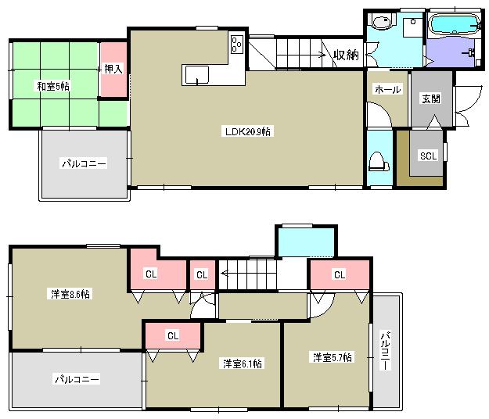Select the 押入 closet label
pyautogui.click(x=113, y=70)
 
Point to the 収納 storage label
pyautogui.click(x=346, y=55)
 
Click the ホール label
pyautogui.click(x=388, y=90)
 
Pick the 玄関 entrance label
pyautogui.click(x=431, y=98)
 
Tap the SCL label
pyautogui.click(x=428, y=156)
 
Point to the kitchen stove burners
pyautogui.click(x=237, y=45)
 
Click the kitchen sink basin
pyautogui.click(x=196, y=74)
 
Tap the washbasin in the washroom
pyautogui.click(x=383, y=23)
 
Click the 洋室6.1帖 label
pyautogui.click(x=242, y=363)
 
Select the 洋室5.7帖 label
pyautogui.click(x=333, y=357)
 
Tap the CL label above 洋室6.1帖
pyautogui.click(x=172, y=335)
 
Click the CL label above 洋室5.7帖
pyautogui.click(x=340, y=275)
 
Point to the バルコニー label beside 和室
pyautogui.click(x=84, y=164)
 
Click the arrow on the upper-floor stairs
pyautogui.click(x=224, y=274)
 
